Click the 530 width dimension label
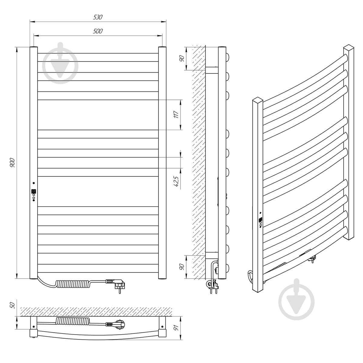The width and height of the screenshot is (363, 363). pos(98,17)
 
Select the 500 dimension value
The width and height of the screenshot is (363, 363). pos(98,31)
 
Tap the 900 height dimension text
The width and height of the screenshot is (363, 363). pos(12,163)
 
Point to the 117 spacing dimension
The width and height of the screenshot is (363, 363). pos(176,114)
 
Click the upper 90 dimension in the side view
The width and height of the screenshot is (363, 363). pos(181,58)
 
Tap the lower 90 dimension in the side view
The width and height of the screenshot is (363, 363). pos(181,267)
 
